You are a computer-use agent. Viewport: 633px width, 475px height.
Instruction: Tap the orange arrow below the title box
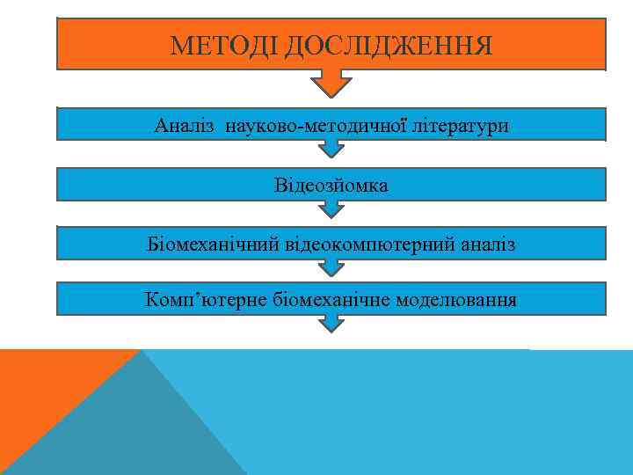tap(331, 84)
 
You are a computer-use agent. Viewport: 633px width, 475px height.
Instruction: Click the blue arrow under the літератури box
tap(331, 149)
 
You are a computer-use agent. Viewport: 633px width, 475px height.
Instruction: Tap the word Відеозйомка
tap(331, 186)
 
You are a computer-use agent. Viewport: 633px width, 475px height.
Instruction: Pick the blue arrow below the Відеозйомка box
tap(331, 209)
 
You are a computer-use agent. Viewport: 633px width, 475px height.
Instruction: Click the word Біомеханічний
tap(213, 244)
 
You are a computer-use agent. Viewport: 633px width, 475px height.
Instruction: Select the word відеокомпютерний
tap(368, 244)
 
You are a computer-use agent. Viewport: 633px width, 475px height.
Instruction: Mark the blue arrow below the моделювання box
tap(331, 324)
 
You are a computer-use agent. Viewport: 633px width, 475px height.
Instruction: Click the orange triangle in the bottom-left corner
tap(44, 387)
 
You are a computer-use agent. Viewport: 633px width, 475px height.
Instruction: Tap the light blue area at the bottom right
tap(440, 413)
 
